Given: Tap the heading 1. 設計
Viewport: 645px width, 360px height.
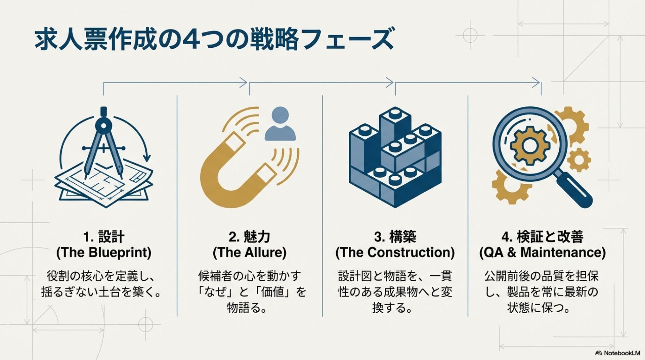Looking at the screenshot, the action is (x=104, y=237).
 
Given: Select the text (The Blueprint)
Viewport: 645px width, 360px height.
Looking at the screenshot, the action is (x=104, y=253).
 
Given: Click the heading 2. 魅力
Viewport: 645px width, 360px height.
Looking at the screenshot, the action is (x=249, y=237).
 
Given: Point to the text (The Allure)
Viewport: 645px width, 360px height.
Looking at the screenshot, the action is (x=249, y=253).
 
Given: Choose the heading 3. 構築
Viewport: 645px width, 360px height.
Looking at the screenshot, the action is (x=395, y=237).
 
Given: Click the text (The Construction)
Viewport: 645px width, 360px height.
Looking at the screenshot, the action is (x=395, y=253).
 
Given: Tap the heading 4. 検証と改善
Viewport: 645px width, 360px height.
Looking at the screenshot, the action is (x=542, y=237).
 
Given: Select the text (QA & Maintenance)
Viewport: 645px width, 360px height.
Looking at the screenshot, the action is (x=542, y=253).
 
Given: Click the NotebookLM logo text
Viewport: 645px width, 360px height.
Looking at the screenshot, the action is (x=621, y=353).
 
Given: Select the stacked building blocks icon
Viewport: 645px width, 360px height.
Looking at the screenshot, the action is (x=395, y=158).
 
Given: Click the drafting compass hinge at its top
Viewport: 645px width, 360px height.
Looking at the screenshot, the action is (x=103, y=125).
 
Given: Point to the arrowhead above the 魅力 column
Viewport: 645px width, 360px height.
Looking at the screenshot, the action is (x=244, y=82).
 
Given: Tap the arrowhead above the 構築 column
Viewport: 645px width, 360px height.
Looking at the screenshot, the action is (x=390, y=82).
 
